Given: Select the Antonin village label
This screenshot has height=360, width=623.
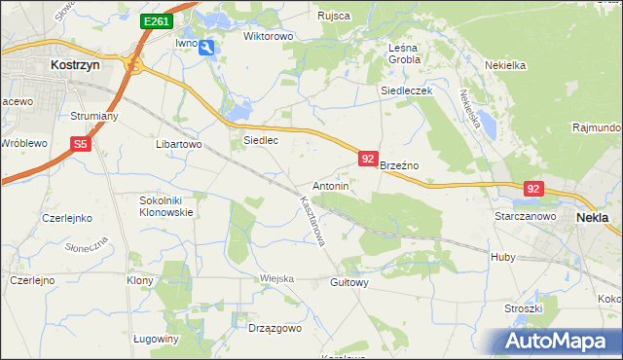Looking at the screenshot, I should pyautogui.click(x=330, y=185).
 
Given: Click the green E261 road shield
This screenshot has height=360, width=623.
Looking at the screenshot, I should pyautogui.click(x=156, y=20).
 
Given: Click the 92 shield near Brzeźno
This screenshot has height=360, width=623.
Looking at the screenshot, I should pyautogui.click(x=367, y=158).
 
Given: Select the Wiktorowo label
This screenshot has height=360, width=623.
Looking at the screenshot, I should pyautogui.click(x=268, y=36).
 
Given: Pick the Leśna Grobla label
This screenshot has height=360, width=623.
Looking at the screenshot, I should pyautogui.click(x=404, y=53).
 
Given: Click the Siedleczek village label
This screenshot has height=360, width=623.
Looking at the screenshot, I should pyautogui.click(x=405, y=90).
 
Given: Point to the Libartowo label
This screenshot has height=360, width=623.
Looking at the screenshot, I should pyautogui.click(x=178, y=144).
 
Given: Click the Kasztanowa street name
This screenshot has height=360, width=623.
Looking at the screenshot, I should pyautogui.click(x=311, y=222).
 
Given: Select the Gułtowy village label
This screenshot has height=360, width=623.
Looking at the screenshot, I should pyautogui.click(x=349, y=282).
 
